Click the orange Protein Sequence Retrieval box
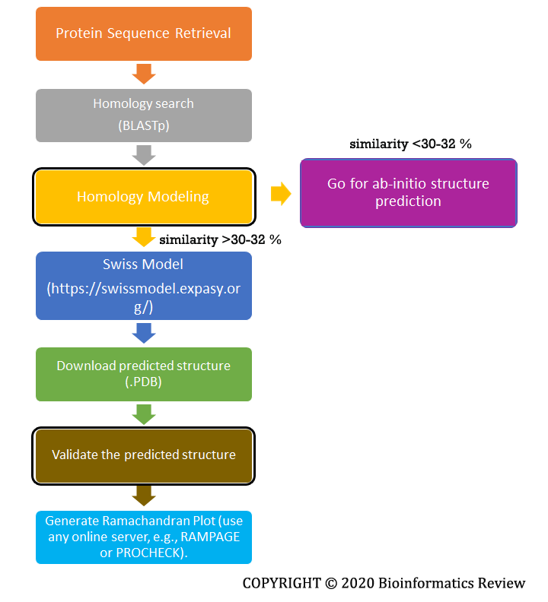point(144,33)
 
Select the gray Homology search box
point(144,116)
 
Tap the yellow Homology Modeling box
point(143,197)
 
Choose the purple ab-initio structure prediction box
point(408,192)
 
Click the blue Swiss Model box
point(144,285)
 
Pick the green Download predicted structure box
point(144,374)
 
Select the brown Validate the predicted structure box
point(143,455)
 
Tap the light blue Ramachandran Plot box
point(144,537)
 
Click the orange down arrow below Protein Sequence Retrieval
point(144,74)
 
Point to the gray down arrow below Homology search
point(144,155)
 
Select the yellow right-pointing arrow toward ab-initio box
point(281,195)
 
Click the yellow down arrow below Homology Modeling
point(144,237)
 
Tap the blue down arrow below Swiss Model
point(144,332)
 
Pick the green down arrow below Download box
point(144,413)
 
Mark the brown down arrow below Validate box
point(144,496)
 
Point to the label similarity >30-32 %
point(221,239)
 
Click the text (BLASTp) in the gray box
point(144,125)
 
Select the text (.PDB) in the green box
point(144,383)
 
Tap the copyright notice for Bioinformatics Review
point(384,583)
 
